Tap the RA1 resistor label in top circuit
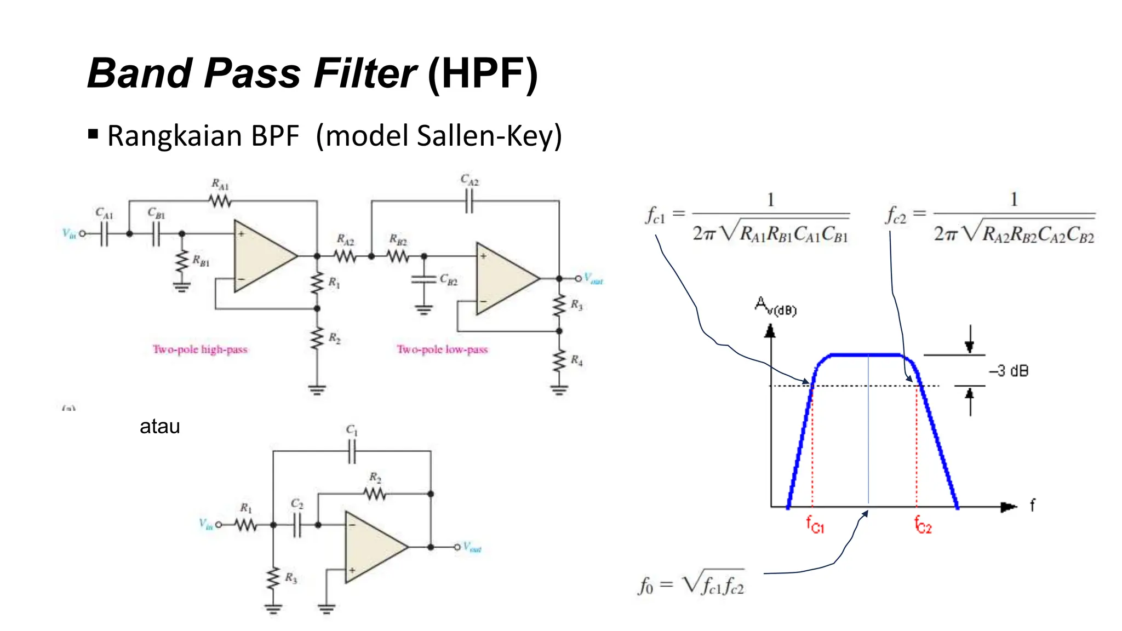(x=220, y=184)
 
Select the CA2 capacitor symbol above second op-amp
(x=469, y=202)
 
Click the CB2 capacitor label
(x=448, y=280)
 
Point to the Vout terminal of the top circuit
(x=578, y=279)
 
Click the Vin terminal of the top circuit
(x=82, y=234)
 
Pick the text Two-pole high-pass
(x=200, y=349)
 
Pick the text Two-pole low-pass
(x=442, y=349)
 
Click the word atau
(x=159, y=426)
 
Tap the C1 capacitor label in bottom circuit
(x=352, y=430)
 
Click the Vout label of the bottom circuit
(x=472, y=547)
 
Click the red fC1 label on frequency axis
(x=815, y=524)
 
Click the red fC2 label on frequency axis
(x=923, y=524)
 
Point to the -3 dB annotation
(x=1009, y=371)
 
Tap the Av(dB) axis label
(x=775, y=306)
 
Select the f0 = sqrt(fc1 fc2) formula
(x=691, y=584)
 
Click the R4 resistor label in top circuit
(x=576, y=360)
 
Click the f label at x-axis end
(x=1032, y=504)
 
